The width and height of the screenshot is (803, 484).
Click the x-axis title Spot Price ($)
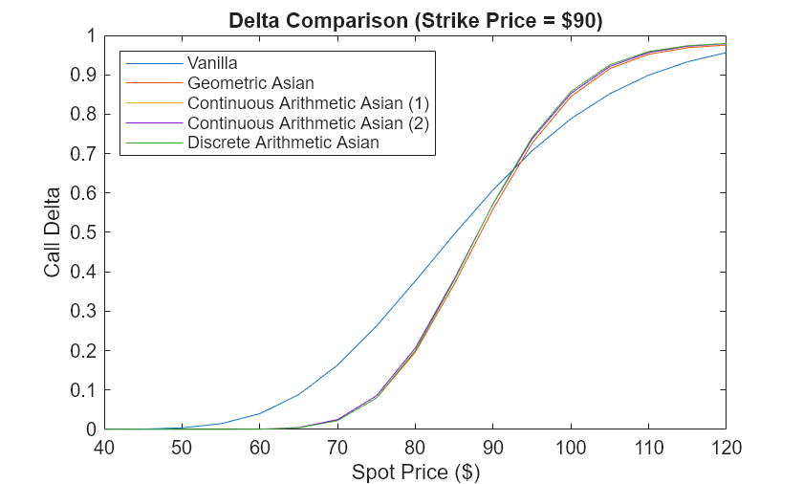415,472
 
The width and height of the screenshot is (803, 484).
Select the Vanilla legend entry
212,62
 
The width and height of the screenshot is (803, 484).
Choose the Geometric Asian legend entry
250,83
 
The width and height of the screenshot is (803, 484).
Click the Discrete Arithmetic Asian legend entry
283,143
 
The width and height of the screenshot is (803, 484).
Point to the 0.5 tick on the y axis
85,232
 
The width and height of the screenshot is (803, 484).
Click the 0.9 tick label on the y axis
85,75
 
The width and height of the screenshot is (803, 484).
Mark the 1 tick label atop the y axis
91,35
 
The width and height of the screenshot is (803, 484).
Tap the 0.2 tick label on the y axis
85,351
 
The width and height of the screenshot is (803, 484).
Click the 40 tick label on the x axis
104,448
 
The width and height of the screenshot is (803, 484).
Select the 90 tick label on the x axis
492,448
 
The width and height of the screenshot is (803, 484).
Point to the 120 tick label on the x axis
726,448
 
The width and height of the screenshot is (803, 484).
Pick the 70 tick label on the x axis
337,448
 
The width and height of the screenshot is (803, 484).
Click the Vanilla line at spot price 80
415,282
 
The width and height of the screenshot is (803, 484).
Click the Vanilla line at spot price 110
648,75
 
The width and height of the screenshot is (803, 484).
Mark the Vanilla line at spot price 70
337,365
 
